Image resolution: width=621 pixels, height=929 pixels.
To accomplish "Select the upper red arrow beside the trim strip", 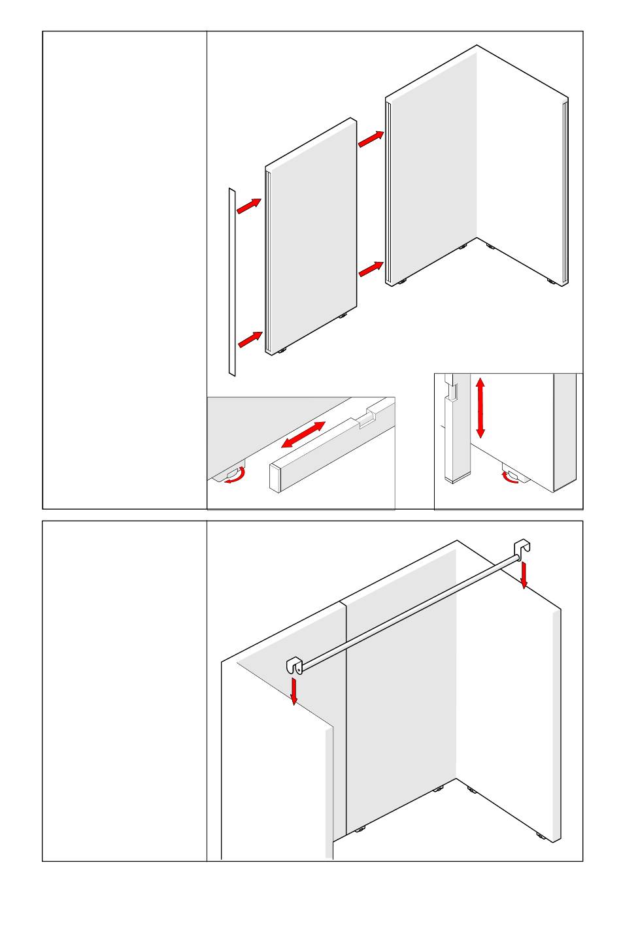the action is (x=248, y=206).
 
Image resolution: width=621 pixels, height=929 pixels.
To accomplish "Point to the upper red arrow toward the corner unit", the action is (x=371, y=139).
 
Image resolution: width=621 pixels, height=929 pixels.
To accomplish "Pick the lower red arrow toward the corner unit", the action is (x=371, y=269).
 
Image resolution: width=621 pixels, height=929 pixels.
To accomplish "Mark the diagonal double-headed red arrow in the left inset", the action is (x=303, y=435).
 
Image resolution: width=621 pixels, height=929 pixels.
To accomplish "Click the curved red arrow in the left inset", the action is (x=235, y=477).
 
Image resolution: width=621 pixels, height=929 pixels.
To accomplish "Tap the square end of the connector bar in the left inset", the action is (x=276, y=478).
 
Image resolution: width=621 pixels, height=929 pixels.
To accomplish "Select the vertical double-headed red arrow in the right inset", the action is (x=480, y=407).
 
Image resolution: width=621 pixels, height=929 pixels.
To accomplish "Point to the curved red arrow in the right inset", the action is (x=510, y=479).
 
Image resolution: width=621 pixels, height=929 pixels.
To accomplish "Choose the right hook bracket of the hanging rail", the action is (x=522, y=549).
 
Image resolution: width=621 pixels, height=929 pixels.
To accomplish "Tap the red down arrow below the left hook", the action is (x=294, y=692).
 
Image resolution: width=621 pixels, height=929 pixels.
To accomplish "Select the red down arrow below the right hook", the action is (x=524, y=576).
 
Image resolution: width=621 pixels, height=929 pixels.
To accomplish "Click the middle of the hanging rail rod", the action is (x=409, y=611).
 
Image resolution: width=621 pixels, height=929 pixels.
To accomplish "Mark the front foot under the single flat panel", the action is (x=283, y=351).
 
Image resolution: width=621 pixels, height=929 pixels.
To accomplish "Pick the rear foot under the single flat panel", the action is (x=342, y=316).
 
